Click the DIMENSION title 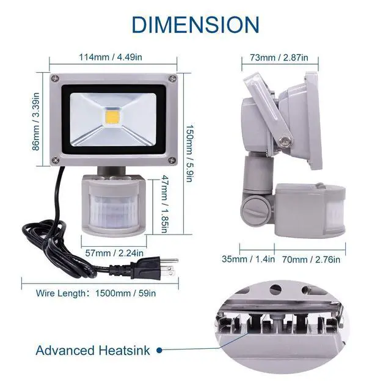pyautogui.click(x=195, y=24)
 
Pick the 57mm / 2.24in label pyautogui.click(x=114, y=252)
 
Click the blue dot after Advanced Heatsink pyautogui.click(x=159, y=351)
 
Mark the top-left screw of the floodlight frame pyautogui.click(x=54, y=78)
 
